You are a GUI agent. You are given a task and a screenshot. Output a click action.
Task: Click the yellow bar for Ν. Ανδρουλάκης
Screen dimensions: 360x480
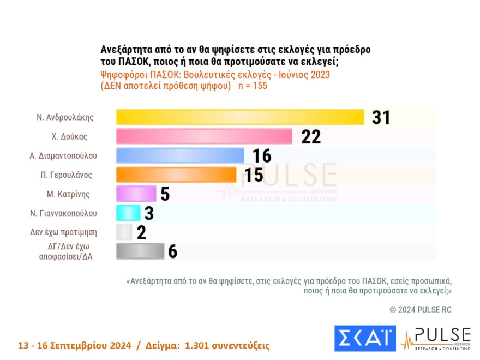click(x=240, y=117)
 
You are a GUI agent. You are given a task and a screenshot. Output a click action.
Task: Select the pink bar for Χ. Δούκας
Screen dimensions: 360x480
click(x=205, y=136)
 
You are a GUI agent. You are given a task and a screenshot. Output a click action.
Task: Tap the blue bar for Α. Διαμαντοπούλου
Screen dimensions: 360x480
click(x=180, y=156)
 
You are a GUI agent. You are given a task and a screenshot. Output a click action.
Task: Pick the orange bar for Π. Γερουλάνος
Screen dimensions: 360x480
click(x=176, y=175)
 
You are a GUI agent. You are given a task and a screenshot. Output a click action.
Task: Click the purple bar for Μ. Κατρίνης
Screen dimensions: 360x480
click(x=136, y=194)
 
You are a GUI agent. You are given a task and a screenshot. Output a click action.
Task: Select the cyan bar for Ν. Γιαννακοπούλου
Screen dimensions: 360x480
click(x=128, y=213)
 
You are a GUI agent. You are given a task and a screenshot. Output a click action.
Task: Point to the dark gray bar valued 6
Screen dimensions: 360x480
click(x=140, y=251)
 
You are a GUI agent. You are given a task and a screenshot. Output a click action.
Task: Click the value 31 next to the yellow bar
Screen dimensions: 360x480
click(x=381, y=117)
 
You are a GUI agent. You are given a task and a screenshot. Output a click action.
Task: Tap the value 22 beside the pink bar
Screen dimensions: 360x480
click(x=311, y=136)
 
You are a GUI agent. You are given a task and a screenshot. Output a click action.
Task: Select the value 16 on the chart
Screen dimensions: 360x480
click(x=262, y=156)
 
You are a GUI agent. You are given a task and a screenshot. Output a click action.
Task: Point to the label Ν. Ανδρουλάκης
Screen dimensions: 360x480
click(x=65, y=117)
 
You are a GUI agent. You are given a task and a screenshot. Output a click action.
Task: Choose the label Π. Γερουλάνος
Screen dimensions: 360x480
click(x=68, y=175)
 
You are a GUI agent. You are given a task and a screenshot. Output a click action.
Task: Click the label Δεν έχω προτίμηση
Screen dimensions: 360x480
click(x=63, y=232)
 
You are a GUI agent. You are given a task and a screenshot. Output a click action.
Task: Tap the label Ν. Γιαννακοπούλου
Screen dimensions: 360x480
click(x=64, y=213)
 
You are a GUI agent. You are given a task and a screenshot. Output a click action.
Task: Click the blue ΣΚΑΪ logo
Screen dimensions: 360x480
click(x=364, y=339)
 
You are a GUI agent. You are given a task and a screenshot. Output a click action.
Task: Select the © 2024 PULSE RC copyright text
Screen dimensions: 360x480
click(x=421, y=309)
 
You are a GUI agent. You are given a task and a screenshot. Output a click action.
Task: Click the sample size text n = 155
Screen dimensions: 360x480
click(x=253, y=86)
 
